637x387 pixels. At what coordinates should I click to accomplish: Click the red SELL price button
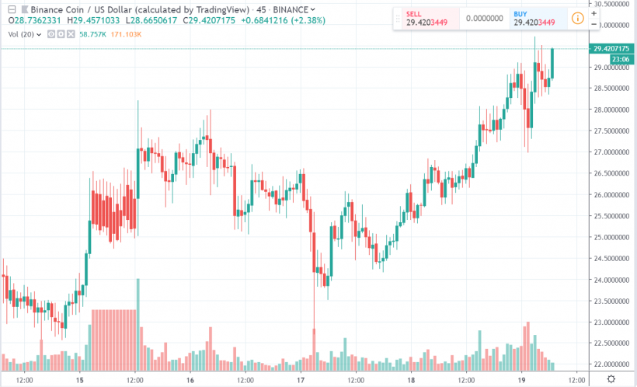(427, 19)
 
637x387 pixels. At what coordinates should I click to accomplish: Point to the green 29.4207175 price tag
(609, 48)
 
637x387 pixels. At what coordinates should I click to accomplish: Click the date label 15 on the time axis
(80, 380)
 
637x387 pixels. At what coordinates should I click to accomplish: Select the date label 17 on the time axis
(301, 380)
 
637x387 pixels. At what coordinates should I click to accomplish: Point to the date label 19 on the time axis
(522, 380)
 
